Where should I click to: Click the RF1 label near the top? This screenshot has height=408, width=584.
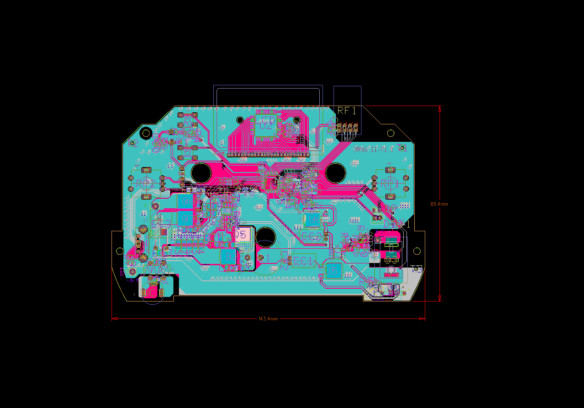(x=347, y=111)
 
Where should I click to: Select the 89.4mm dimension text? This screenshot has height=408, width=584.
(x=439, y=204)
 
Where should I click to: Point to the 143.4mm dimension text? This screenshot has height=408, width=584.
(x=268, y=319)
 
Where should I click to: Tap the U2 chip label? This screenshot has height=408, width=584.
(x=266, y=125)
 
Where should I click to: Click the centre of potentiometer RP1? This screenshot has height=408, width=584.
(x=390, y=184)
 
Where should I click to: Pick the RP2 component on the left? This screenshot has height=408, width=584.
(x=146, y=183)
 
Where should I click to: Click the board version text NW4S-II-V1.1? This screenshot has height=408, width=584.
(x=369, y=149)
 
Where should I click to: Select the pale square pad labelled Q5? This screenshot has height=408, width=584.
(x=242, y=235)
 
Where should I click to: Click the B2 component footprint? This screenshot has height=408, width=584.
(x=228, y=256)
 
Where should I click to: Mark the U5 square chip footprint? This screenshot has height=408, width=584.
(x=334, y=271)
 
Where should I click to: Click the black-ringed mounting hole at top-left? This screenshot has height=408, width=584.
(x=146, y=133)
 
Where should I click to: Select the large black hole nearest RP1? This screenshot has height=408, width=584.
(x=335, y=173)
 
